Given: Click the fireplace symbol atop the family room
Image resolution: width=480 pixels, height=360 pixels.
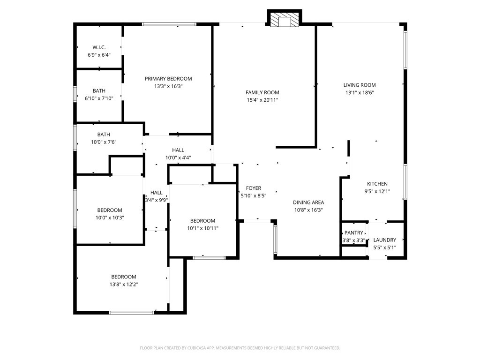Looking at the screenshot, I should coord(284,19).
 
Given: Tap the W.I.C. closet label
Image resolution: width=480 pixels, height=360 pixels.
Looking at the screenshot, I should coord(99,47).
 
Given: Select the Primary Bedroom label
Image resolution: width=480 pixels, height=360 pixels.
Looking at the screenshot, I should coord(168,79).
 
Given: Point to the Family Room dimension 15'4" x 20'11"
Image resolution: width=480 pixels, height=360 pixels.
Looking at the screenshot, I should coord(262,100).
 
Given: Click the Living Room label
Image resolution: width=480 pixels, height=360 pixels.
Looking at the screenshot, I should coord(360,85).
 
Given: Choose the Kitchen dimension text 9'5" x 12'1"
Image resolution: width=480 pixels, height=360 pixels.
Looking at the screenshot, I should coord(377,191).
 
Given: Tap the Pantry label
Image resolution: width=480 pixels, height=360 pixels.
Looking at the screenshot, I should coord(354,233).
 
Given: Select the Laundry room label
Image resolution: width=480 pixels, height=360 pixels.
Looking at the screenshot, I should coord(385,240).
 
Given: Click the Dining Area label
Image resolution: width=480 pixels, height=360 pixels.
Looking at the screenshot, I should coord(308,202).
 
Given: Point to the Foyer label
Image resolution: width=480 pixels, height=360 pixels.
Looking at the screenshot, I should coord(254,188).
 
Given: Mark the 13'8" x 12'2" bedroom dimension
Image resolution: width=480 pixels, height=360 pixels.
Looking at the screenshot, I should coord(124,284).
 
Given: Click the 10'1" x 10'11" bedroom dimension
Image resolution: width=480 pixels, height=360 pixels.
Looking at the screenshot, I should coord(202,228).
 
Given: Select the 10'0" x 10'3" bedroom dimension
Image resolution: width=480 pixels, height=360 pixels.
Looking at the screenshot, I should coord(110,217).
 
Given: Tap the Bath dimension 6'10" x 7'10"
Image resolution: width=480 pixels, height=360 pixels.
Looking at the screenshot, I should coord(99,98).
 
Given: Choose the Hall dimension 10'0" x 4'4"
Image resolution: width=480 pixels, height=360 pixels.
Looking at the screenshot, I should coord(178,157).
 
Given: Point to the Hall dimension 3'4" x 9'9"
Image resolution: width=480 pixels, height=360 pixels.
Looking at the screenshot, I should coord(157,200).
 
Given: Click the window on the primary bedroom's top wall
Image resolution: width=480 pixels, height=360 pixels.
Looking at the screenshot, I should coord(169,24).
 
